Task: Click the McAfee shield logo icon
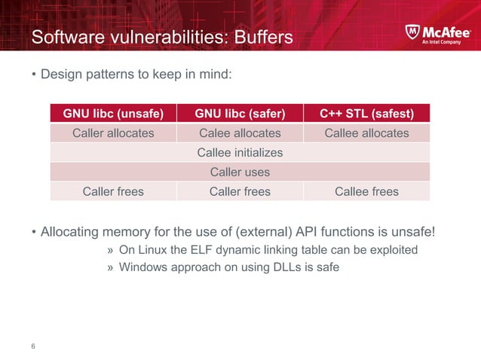click(x=413, y=33)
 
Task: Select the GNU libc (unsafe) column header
click(x=113, y=114)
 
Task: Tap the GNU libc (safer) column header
click(x=240, y=114)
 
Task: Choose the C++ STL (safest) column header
click(x=366, y=114)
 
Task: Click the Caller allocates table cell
click(x=113, y=133)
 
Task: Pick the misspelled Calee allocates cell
click(x=240, y=133)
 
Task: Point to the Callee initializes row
click(x=240, y=153)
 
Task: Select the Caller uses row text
click(x=240, y=172)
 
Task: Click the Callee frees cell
click(x=366, y=191)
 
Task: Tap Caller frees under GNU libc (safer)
click(x=240, y=191)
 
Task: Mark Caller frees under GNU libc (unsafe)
click(x=113, y=191)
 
